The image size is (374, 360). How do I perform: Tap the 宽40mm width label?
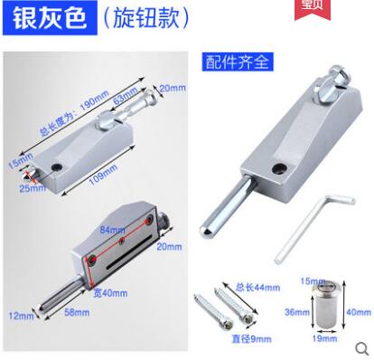point(113,293)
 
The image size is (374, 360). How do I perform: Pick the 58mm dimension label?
point(78,312)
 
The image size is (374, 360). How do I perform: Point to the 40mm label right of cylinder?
point(360,313)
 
